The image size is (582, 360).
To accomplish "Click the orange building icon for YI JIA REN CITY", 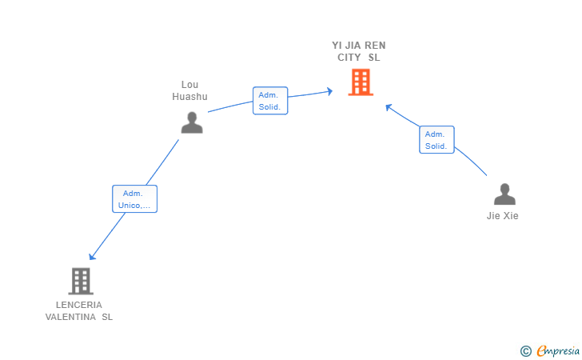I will [x=361, y=82].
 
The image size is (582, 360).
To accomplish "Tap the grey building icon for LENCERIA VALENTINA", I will [x=81, y=281].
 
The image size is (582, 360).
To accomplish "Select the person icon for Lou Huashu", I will [x=192, y=122].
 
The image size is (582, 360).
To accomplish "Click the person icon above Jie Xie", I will [x=504, y=194].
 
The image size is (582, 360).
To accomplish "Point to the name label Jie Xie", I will [x=503, y=216].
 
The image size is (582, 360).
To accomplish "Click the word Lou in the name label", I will [x=189, y=85].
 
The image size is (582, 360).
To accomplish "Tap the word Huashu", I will [x=189, y=97].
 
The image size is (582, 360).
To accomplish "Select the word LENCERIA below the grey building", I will [x=78, y=305].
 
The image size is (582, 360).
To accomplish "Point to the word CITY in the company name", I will [x=349, y=58].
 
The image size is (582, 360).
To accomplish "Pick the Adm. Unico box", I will [x=134, y=199].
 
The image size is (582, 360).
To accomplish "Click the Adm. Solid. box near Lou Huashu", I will [x=269, y=101].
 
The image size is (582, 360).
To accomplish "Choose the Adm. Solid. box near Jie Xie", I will [x=436, y=140].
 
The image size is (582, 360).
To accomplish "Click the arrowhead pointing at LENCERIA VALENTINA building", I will [x=92, y=257].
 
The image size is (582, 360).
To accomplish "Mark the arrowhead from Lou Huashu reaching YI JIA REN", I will [x=329, y=92].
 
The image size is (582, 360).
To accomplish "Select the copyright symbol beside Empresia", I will [x=525, y=350].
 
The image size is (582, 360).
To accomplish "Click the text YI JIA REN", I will [x=359, y=46].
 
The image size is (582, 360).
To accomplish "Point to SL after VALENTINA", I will [x=107, y=317].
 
